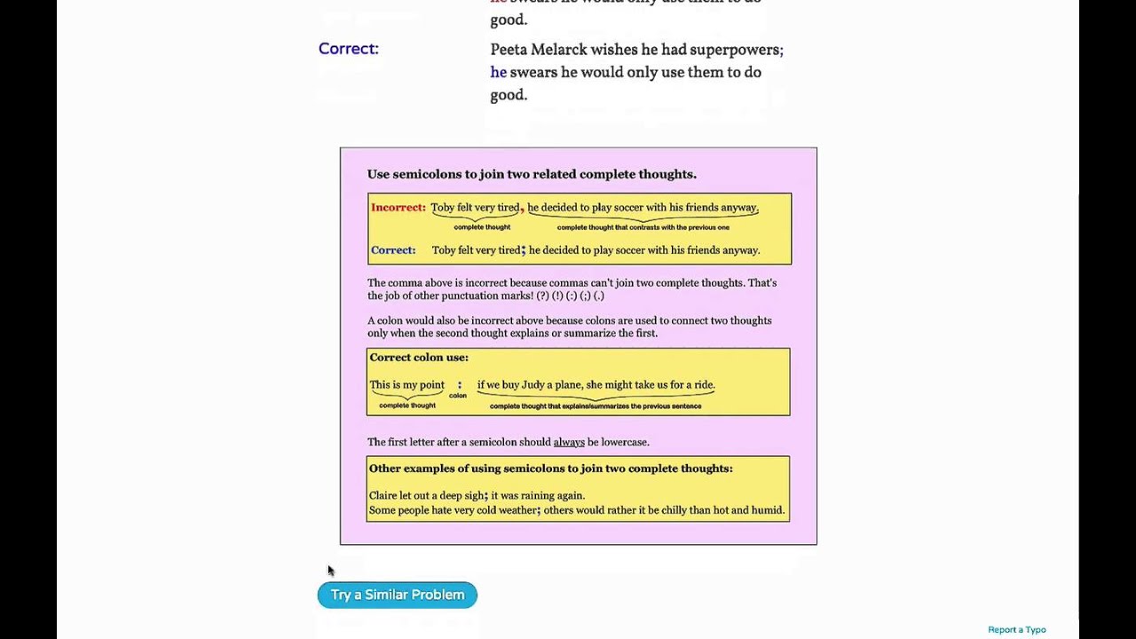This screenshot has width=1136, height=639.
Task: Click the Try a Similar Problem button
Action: click(x=397, y=595)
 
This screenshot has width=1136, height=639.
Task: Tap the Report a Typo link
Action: click(x=1016, y=630)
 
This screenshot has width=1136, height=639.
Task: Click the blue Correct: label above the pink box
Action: click(x=348, y=49)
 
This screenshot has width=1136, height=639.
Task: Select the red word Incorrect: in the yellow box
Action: click(x=398, y=208)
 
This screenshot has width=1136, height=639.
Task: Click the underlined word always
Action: click(x=569, y=442)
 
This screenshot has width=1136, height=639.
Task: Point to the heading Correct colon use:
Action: click(x=418, y=358)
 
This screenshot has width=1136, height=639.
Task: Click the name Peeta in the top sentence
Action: click(x=509, y=50)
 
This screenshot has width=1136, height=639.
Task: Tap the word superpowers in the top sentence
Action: click(x=736, y=50)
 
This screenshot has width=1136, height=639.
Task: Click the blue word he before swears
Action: click(x=498, y=73)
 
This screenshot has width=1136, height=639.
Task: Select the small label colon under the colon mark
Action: click(x=458, y=396)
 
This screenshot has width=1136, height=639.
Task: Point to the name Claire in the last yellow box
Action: click(x=383, y=496)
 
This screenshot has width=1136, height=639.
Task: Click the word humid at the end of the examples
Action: click(x=768, y=510)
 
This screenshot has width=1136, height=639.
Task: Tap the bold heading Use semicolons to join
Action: click(x=532, y=175)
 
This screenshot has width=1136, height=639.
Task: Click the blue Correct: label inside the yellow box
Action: click(x=392, y=250)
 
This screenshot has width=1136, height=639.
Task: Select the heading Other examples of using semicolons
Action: click(x=550, y=469)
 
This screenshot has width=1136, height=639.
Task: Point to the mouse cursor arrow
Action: click(x=330, y=570)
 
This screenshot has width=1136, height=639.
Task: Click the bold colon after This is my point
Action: click(x=460, y=384)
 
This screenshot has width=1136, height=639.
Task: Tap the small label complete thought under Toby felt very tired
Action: click(x=482, y=227)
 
